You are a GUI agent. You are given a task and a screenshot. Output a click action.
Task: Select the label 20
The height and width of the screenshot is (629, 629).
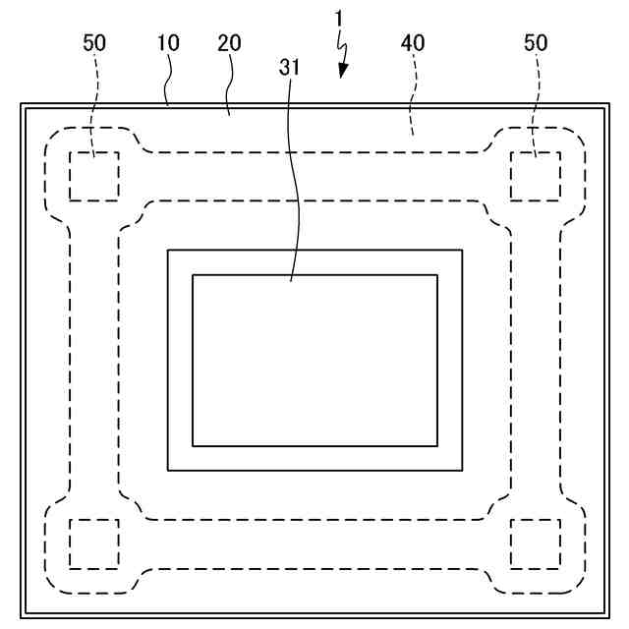pos(230,43)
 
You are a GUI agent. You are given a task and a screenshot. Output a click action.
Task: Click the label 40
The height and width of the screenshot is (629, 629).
pos(414,43)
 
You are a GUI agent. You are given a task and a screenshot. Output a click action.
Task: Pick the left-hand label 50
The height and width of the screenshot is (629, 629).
pos(95,43)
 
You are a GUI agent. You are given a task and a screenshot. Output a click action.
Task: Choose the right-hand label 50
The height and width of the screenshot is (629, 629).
pos(536,43)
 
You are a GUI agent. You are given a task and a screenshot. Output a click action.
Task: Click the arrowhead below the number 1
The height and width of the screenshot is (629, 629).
pos(342,71)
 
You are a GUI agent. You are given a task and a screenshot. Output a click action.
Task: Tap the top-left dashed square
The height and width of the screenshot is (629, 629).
pos(94,177)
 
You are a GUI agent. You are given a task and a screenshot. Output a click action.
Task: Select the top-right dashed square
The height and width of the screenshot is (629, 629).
pos(536,177)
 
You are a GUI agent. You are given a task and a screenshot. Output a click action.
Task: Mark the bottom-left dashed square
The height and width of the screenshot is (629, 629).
pos(94,543)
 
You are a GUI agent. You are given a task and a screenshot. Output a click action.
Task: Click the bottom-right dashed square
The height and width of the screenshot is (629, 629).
pos(536,543)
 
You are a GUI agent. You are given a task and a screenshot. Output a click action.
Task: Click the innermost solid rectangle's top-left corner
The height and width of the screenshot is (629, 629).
pos(193,275)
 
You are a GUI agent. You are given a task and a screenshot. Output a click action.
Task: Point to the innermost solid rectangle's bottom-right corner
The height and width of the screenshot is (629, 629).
pos(437,445)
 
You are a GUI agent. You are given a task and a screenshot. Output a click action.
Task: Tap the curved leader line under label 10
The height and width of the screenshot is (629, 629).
pos(169,84)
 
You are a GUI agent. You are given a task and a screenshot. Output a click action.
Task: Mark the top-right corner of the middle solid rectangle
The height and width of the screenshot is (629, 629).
pos(462,251)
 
